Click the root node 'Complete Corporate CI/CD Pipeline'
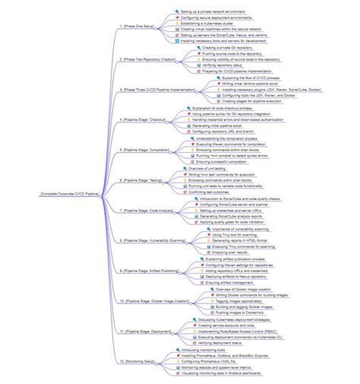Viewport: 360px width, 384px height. point(71,194)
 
